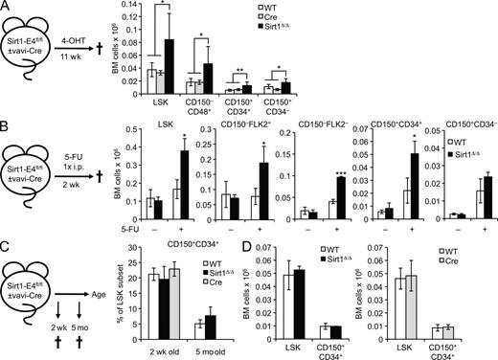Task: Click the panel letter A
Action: tap(8, 9)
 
